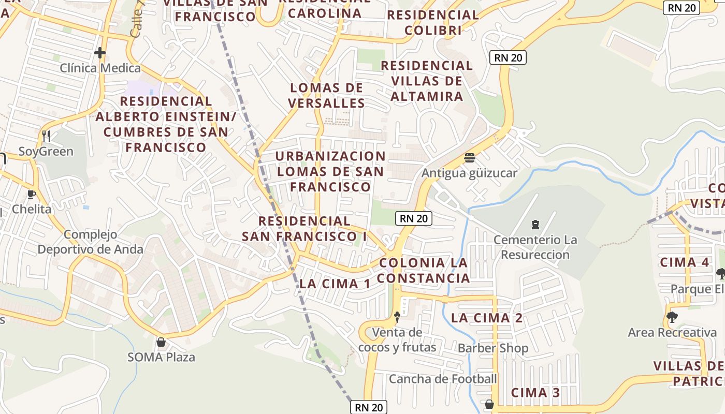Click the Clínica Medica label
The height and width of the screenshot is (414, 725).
[x=100, y=68]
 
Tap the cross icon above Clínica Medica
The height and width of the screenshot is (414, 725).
[x=100, y=53]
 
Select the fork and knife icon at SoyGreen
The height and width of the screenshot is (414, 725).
[x=46, y=136]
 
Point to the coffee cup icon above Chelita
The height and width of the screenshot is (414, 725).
[x=32, y=194]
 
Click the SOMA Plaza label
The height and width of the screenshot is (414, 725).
[x=161, y=357]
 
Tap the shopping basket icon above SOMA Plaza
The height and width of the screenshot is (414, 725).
[x=161, y=342]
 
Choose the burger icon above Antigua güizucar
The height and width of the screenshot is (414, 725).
[x=470, y=157]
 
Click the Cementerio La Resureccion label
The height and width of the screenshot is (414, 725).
[x=535, y=247]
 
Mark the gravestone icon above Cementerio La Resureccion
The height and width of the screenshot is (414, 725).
[x=535, y=225]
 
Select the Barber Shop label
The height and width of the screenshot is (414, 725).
[x=492, y=348]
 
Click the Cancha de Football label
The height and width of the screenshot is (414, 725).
[x=443, y=379]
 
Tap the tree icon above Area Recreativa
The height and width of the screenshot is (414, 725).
[x=672, y=317]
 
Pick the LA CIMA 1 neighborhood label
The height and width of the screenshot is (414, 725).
[x=335, y=284]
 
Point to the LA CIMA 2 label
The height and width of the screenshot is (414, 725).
[x=487, y=318]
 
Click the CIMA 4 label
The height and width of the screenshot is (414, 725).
[x=684, y=262]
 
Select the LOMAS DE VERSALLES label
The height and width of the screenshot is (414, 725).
[x=327, y=95]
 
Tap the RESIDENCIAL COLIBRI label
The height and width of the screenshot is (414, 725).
[x=433, y=23]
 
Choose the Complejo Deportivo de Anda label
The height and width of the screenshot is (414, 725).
[x=90, y=242]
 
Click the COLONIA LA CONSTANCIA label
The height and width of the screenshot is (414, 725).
[x=423, y=270]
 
